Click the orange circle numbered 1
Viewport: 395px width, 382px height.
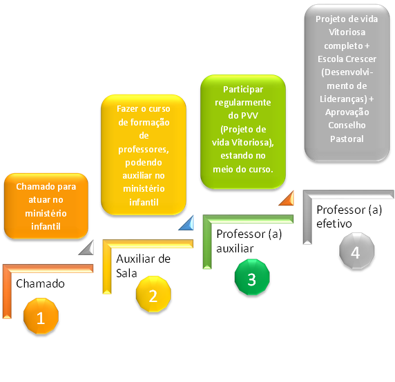[41, 316]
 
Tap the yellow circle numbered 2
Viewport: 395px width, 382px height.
[153, 294]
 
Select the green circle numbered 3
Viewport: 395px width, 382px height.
[252, 277]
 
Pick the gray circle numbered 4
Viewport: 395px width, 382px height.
[357, 251]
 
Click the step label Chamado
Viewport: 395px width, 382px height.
[40, 283]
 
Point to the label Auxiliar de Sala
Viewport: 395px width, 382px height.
[143, 266]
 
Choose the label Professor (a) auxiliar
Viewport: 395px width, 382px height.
[249, 241]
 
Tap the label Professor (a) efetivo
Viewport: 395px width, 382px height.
[349, 217]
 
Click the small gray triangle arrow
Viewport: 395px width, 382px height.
[86, 248]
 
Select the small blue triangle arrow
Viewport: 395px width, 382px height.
[186, 223]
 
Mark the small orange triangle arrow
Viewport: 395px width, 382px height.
[287, 198]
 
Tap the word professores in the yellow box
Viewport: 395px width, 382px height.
[144, 150]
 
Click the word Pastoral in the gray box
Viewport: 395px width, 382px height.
[347, 139]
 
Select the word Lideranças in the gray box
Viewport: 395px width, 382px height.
[343, 99]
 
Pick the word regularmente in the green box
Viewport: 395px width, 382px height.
[243, 103]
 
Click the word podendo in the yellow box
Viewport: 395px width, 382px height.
[144, 163]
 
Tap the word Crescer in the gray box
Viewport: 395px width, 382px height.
[360, 59]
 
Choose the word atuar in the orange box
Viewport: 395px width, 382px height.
[37, 200]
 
